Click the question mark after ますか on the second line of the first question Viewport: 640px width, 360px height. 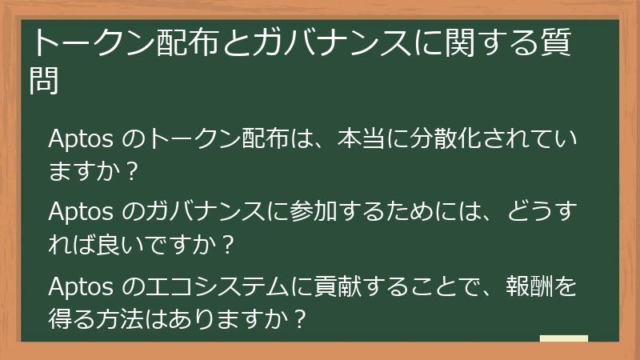(133, 170)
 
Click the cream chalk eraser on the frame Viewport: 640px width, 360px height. (564, 339)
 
